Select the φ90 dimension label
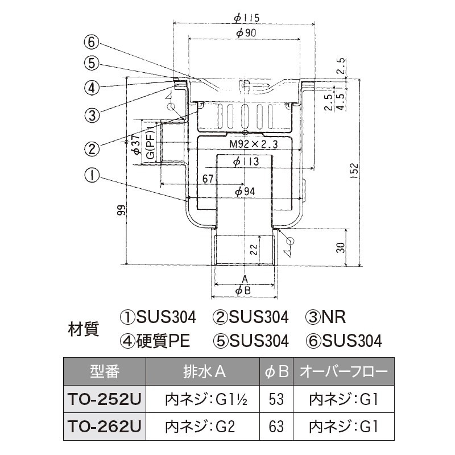click(x=245, y=33)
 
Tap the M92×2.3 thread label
click(x=253, y=145)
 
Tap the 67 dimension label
click(x=209, y=179)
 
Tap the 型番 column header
click(x=104, y=373)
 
